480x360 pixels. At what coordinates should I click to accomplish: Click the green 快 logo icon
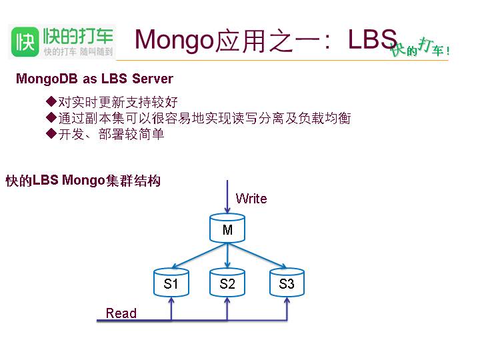click(x=24, y=42)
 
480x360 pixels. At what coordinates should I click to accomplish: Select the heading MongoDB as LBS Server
click(x=95, y=79)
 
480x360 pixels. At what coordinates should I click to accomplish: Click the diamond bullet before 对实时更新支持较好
click(x=50, y=102)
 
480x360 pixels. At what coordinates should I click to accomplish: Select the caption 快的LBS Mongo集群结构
click(x=83, y=181)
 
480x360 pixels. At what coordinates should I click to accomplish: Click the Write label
click(x=251, y=199)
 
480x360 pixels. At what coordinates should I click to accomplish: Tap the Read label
click(x=121, y=313)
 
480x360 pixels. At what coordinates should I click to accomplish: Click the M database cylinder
click(x=228, y=229)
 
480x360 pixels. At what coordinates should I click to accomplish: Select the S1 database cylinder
click(x=171, y=283)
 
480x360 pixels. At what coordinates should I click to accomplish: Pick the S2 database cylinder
click(x=228, y=283)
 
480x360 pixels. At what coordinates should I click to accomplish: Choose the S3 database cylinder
click(x=287, y=283)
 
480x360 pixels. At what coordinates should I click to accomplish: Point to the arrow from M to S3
click(x=259, y=256)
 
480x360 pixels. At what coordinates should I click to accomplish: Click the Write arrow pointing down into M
click(x=228, y=197)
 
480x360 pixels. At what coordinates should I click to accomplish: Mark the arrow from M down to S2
click(x=228, y=256)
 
